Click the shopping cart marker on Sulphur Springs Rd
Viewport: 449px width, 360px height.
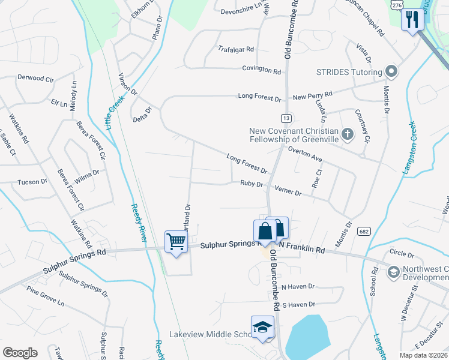pyautogui.click(x=176, y=242)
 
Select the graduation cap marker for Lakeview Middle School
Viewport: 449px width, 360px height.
pyautogui.click(x=262, y=327)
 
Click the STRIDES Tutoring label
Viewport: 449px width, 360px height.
pyautogui.click(x=349, y=73)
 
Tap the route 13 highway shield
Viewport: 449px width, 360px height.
pyautogui.click(x=286, y=118)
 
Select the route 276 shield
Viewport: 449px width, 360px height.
pyautogui.click(x=396, y=5)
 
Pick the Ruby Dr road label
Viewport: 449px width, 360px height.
pyautogui.click(x=252, y=184)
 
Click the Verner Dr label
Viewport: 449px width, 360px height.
pyautogui.click(x=288, y=191)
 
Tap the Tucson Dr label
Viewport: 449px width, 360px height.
pyautogui.click(x=32, y=182)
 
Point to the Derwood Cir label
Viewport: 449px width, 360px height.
pyautogui.click(x=36, y=78)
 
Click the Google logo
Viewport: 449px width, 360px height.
pyautogui.click(x=20, y=353)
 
